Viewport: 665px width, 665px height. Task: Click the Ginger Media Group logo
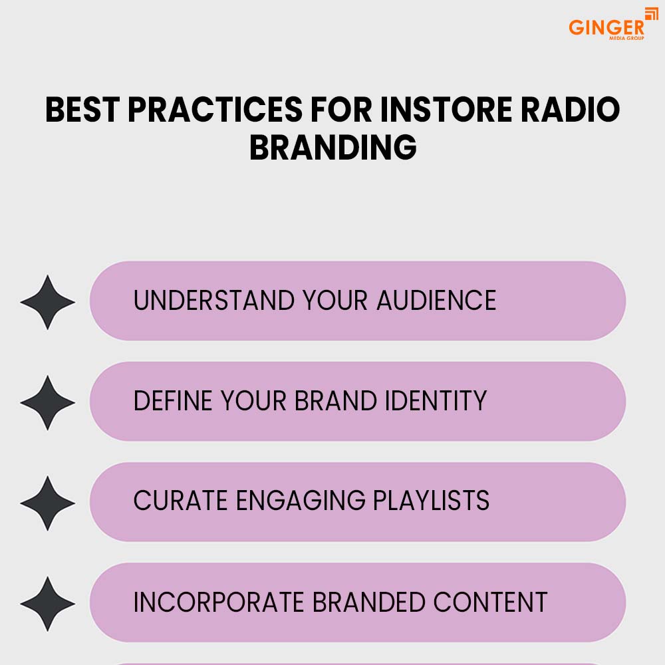tap(613, 25)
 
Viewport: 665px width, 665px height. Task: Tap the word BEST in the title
tap(82, 110)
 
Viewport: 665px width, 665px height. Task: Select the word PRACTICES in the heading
tap(215, 110)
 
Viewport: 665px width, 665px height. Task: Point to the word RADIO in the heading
tap(571, 110)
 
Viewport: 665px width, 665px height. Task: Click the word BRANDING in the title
tap(333, 147)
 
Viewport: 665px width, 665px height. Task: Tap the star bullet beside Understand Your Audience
tap(47, 302)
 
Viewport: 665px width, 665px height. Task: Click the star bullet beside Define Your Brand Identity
tap(47, 402)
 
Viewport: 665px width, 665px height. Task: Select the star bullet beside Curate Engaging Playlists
tap(47, 503)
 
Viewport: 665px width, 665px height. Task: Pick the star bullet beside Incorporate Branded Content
tap(47, 604)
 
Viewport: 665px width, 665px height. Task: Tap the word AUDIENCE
tap(436, 301)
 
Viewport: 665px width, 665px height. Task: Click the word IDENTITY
tap(436, 400)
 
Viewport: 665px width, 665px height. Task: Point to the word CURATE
tap(181, 501)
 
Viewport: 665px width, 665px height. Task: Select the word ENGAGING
tap(301, 501)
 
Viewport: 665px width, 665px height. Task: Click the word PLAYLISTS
tap(432, 501)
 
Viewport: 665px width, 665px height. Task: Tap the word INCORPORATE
tap(219, 602)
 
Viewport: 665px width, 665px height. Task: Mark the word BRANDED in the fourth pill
tap(369, 602)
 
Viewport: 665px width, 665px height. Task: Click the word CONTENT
tap(490, 602)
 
